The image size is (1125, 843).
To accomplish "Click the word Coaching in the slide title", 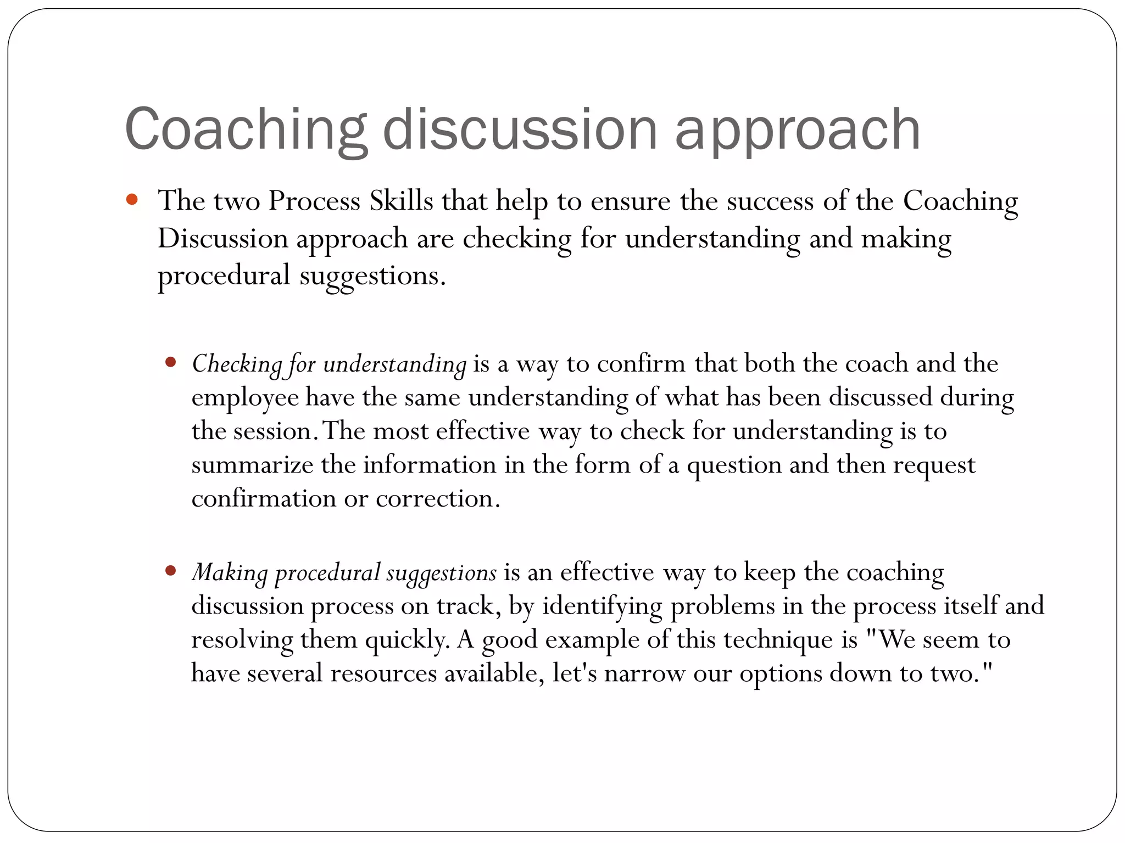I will point(245,130).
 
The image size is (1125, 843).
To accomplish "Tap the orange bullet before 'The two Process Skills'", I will point(131,200).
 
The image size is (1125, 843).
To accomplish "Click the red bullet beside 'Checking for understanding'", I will point(170,362).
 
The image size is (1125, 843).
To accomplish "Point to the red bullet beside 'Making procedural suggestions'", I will point(170,571).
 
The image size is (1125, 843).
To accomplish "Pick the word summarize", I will point(252,465).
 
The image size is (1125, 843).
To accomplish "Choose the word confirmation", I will point(264,499).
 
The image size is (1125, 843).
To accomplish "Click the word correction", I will point(437,499).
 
